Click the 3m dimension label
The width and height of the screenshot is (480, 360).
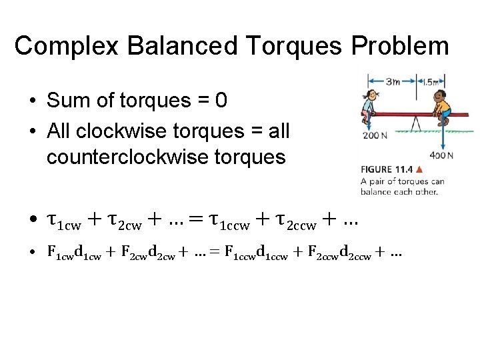[393, 81]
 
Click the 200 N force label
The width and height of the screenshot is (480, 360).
[374, 135]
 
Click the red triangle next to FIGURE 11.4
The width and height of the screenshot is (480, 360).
[418, 169]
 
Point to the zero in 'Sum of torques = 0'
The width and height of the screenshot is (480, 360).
[221, 101]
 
